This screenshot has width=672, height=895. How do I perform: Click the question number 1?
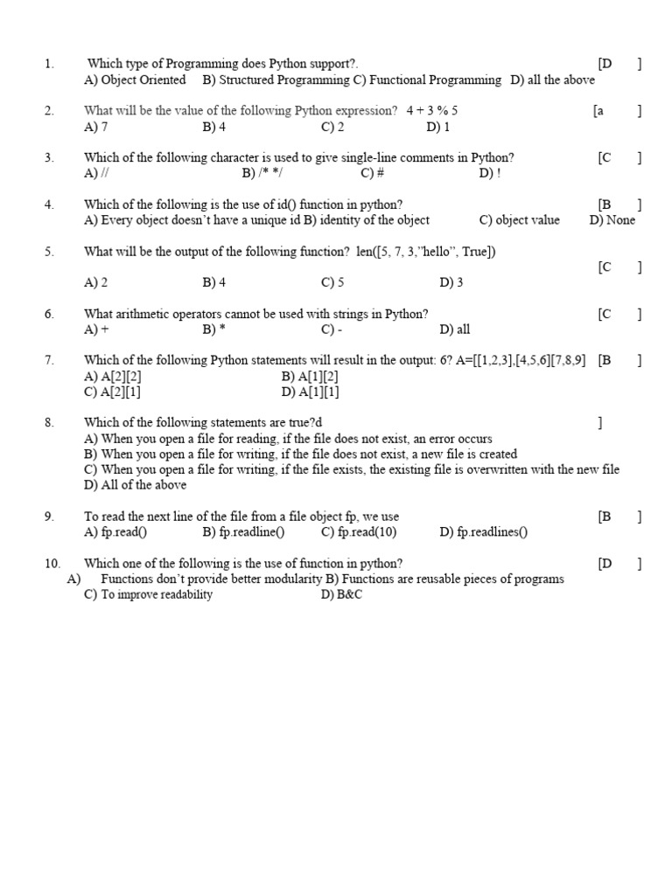point(49,64)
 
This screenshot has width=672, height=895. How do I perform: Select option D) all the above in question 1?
point(552,80)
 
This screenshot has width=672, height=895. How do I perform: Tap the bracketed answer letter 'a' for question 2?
point(598,111)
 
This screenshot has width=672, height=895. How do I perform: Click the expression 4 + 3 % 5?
point(431,111)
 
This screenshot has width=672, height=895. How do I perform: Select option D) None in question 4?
point(612,220)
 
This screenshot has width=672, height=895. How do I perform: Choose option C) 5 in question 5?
point(332,282)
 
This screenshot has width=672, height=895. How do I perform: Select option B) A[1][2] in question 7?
point(311,377)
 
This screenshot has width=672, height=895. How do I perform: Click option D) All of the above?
point(135,485)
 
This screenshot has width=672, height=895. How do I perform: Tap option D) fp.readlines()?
point(484,532)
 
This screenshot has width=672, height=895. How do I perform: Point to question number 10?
point(52,564)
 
